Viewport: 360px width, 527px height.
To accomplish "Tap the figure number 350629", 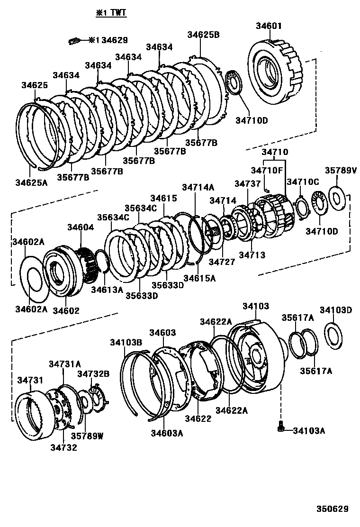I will coord(333,509).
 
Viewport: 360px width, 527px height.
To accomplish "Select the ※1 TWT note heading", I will coord(111,13).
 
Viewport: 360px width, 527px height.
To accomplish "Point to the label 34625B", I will coord(203,35).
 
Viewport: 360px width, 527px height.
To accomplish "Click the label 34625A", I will coord(31,182).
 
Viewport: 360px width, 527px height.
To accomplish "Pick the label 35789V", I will coord(341,170).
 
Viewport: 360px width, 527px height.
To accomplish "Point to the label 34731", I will coord(31,380).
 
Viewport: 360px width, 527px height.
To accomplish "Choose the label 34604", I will coord(80,227).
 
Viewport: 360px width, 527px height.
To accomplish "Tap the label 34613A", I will coord(107,289).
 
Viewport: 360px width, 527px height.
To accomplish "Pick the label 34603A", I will coord(167,432).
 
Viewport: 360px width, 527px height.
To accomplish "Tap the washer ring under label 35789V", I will coord(337,198).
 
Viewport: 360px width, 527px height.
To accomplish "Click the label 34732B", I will coord(93,373).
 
